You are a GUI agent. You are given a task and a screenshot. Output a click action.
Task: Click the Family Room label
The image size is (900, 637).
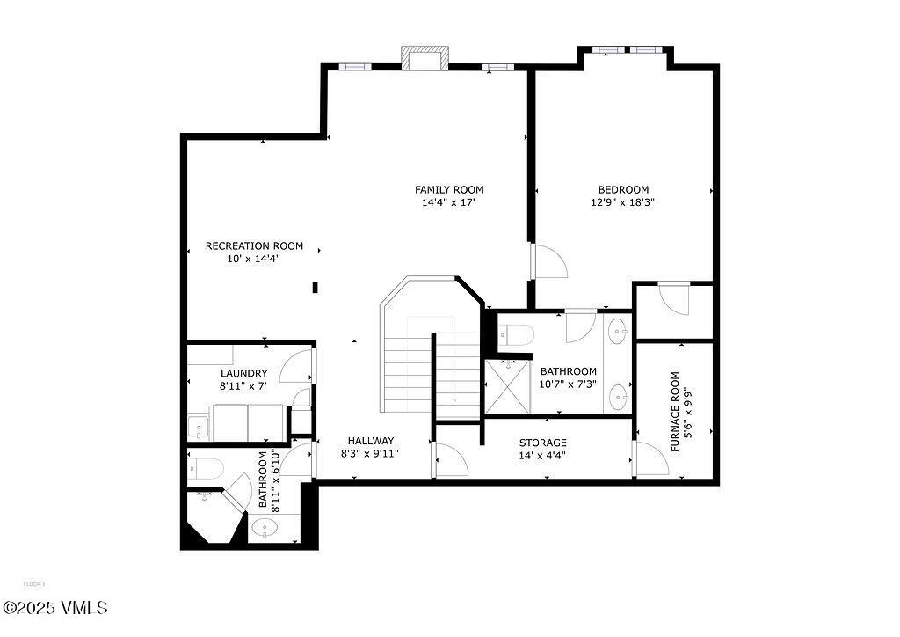449,189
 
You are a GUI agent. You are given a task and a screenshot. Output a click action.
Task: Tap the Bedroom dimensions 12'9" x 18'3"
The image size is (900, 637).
623,202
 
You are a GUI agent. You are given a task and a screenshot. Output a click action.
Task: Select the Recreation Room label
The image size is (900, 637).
254,245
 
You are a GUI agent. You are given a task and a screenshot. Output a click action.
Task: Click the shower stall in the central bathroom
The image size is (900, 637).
509,386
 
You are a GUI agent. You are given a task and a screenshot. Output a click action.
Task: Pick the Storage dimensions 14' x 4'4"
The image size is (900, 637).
542,456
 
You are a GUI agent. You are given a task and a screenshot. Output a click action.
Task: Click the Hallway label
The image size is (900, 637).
370,441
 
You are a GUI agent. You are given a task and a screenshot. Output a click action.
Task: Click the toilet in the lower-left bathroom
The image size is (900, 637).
207,468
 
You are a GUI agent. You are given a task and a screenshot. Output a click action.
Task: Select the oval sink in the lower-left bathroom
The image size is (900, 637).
264,528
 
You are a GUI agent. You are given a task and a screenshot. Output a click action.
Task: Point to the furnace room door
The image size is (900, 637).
650,458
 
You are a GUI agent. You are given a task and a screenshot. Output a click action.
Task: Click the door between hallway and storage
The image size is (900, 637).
450,460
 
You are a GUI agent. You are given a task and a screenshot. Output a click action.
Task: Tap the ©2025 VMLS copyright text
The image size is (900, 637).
54,608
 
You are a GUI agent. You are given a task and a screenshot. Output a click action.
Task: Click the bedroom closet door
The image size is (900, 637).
675,297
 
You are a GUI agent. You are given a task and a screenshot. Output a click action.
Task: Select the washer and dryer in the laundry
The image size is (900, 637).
248,422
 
